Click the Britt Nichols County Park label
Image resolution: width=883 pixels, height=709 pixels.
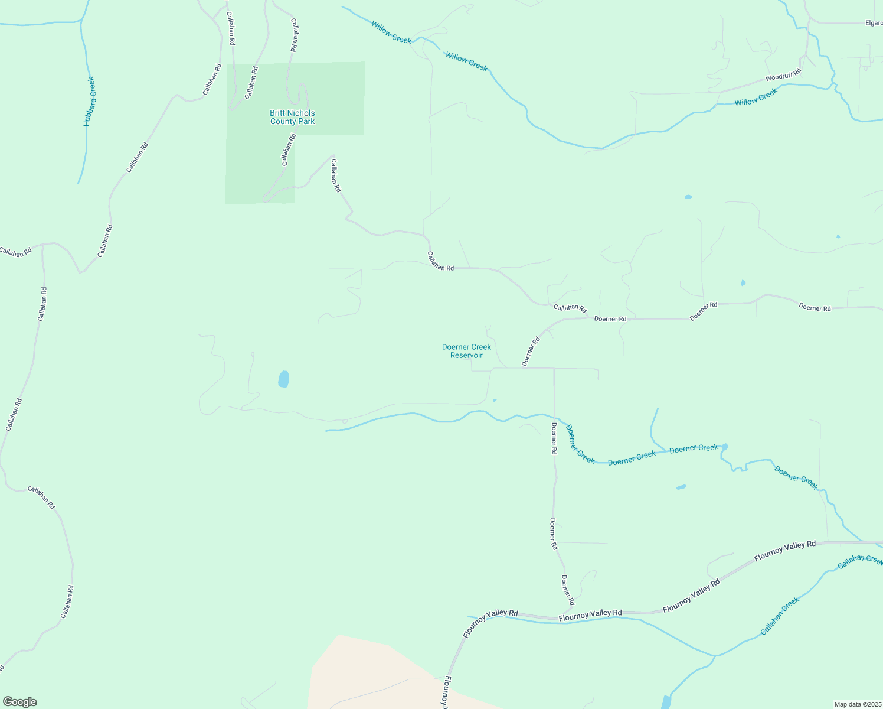click(x=292, y=117)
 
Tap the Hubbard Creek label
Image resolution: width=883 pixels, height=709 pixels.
click(x=89, y=102)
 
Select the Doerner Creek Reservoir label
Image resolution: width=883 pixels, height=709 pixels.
click(x=466, y=351)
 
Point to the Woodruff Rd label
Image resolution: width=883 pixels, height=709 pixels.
click(x=783, y=75)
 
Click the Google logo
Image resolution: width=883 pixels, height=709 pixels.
click(x=20, y=701)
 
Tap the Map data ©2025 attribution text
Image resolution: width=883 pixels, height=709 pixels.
click(x=857, y=704)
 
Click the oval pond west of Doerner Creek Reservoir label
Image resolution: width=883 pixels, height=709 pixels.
click(x=284, y=379)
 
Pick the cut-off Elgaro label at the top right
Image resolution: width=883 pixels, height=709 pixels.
click(x=873, y=23)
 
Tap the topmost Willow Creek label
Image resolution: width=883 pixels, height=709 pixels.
click(x=391, y=31)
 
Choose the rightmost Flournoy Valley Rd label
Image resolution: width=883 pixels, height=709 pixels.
click(x=785, y=549)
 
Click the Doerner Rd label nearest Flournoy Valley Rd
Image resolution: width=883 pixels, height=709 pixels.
click(x=567, y=593)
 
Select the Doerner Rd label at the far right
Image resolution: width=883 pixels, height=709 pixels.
click(x=815, y=308)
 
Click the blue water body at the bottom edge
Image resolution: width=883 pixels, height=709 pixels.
click(x=666, y=702)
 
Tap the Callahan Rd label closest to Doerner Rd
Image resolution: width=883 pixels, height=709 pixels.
click(x=570, y=308)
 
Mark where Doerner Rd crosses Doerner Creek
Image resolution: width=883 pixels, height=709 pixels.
click(x=554, y=417)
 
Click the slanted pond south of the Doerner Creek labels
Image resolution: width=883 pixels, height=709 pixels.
click(x=681, y=487)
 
